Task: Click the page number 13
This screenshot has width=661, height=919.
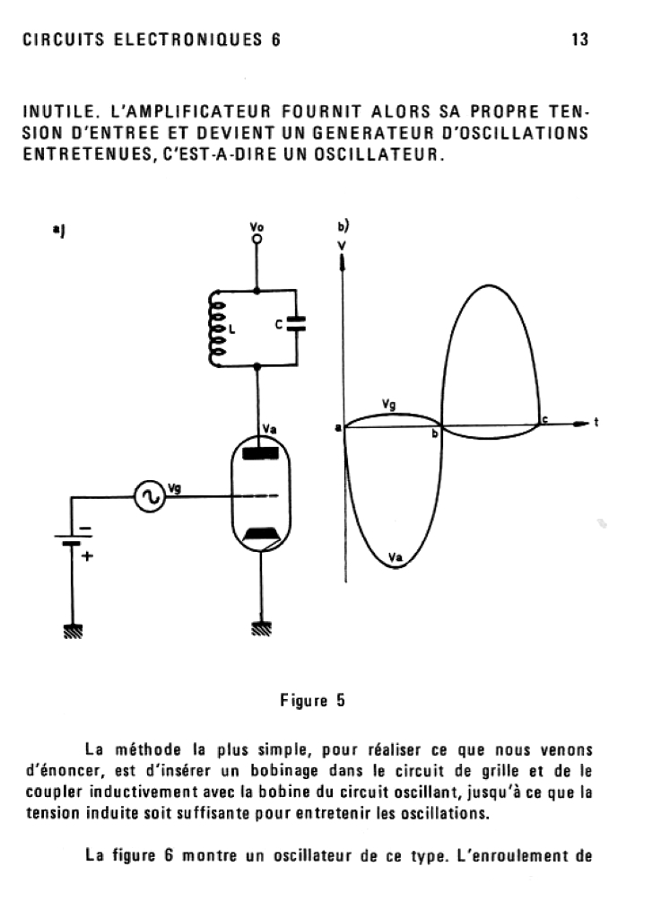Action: pyautogui.click(x=578, y=39)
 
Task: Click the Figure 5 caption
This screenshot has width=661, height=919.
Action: pyautogui.click(x=314, y=701)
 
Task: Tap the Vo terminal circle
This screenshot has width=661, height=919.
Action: pyautogui.click(x=257, y=240)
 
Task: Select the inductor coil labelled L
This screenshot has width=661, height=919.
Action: pyautogui.click(x=216, y=328)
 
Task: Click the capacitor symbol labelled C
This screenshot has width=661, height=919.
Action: pyautogui.click(x=297, y=328)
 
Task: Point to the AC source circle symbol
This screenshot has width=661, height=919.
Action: pyautogui.click(x=148, y=496)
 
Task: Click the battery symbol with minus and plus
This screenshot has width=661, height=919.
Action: pyautogui.click(x=69, y=540)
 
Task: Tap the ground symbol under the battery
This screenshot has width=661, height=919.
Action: pyautogui.click(x=70, y=631)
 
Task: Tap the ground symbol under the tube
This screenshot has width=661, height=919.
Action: pyautogui.click(x=261, y=630)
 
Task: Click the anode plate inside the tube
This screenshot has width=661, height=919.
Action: pyautogui.click(x=261, y=451)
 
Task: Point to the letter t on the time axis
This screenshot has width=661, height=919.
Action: pyautogui.click(x=596, y=423)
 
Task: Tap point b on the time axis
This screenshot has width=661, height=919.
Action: pyautogui.click(x=435, y=433)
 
